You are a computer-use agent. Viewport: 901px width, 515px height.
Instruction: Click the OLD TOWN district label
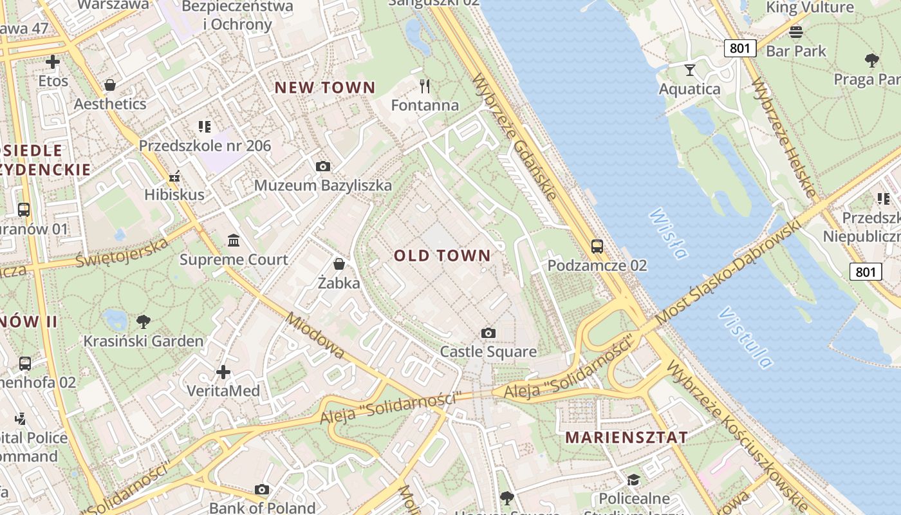click(442, 256)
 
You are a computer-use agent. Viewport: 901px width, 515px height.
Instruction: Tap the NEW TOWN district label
click(325, 88)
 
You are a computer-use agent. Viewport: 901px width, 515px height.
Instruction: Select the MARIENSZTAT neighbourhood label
click(626, 438)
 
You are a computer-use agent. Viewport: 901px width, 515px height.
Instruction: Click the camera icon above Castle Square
click(488, 333)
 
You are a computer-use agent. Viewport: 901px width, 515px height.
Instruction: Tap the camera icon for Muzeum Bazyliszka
click(323, 167)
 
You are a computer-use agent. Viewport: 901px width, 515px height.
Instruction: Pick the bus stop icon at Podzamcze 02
click(597, 246)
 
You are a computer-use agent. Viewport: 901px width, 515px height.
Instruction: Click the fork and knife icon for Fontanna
click(424, 86)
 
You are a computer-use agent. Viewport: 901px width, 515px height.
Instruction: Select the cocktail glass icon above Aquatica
click(690, 70)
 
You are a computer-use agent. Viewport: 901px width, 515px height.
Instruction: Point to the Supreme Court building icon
click(234, 241)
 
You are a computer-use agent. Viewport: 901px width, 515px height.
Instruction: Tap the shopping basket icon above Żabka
click(339, 264)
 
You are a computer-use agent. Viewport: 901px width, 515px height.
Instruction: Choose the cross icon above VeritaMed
click(223, 372)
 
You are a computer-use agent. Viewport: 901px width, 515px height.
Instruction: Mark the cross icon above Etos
click(53, 62)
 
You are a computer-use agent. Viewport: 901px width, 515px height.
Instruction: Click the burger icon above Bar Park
click(796, 32)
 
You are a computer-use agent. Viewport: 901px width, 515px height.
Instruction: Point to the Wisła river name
click(667, 233)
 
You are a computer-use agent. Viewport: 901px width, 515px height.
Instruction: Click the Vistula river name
click(745, 338)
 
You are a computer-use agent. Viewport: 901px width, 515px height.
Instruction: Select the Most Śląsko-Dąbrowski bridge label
click(727, 272)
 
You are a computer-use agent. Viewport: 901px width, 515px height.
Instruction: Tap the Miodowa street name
click(315, 335)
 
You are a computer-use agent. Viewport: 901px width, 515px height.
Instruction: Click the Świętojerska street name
click(122, 252)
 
